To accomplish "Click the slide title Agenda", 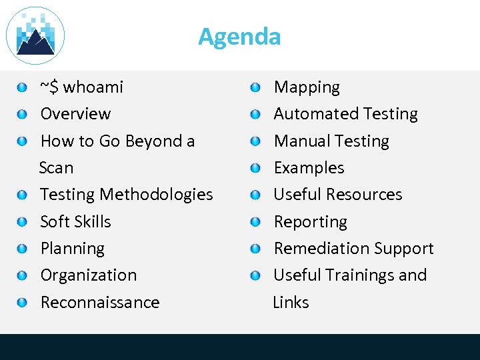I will (x=239, y=36).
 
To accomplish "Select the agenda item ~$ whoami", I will (x=81, y=87).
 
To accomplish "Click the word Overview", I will (x=75, y=114).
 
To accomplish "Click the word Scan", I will (x=57, y=168).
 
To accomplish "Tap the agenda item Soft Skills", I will (x=75, y=222).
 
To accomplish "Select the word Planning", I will (x=72, y=249).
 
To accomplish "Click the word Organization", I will (x=88, y=275).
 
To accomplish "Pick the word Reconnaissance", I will (x=100, y=303).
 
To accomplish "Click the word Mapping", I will (x=307, y=87).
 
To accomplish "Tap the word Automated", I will (x=312, y=114).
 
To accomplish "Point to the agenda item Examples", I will (x=309, y=168).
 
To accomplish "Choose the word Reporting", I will (x=310, y=222).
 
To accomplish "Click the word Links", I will (x=291, y=303).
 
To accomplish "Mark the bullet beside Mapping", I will (x=256, y=87).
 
